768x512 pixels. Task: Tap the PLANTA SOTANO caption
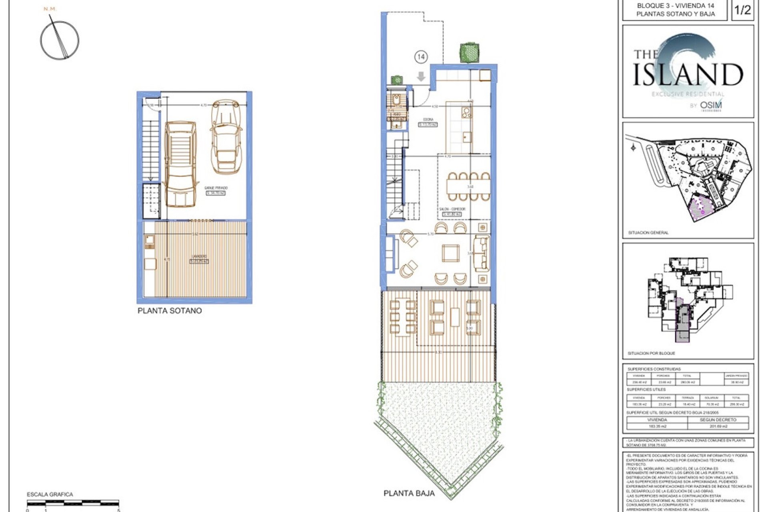170,311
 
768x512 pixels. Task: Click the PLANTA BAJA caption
409,493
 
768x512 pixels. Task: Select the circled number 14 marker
421,57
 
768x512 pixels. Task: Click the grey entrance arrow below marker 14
421,76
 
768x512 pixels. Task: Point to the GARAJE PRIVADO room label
216,188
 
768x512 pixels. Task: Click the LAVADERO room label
199,257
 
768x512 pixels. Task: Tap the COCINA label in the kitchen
428,120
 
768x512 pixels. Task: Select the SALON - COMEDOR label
452,209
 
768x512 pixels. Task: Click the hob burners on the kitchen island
466,112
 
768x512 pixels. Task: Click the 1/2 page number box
742,10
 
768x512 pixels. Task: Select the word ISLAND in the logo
688,75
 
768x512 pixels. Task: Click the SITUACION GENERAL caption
648,232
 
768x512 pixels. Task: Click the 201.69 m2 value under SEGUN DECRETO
718,426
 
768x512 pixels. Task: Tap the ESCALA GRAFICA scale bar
73,503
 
